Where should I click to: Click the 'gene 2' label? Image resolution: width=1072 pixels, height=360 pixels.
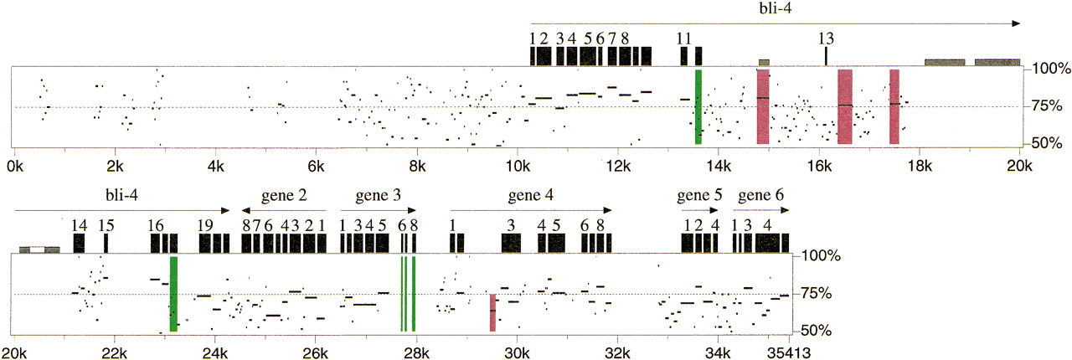click(x=284, y=196)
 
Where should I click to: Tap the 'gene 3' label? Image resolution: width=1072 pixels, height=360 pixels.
click(x=378, y=196)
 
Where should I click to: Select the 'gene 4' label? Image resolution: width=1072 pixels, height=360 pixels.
click(x=531, y=196)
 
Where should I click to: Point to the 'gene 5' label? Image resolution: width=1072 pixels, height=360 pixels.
click(x=699, y=196)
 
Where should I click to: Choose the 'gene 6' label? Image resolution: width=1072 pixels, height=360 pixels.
click(x=761, y=196)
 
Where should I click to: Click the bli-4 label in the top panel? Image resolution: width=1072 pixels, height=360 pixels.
click(x=776, y=8)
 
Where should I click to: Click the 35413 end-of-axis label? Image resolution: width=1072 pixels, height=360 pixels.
click(x=789, y=353)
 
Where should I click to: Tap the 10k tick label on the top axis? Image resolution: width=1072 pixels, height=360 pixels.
click(x=518, y=166)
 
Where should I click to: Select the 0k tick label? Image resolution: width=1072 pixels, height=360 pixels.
click(x=14, y=166)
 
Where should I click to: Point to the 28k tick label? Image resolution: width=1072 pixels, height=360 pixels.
click(x=416, y=353)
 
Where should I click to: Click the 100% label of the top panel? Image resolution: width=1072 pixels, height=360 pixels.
click(x=1051, y=69)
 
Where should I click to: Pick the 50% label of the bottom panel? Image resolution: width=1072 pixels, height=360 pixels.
click(x=816, y=331)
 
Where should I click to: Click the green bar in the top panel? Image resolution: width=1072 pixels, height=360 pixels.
click(x=698, y=107)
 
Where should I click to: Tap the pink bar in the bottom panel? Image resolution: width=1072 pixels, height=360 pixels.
click(x=493, y=312)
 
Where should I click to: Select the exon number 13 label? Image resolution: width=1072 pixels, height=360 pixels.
click(x=826, y=39)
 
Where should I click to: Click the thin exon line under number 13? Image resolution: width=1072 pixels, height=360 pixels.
click(x=826, y=56)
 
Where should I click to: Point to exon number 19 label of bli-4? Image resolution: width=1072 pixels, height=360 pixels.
click(x=205, y=225)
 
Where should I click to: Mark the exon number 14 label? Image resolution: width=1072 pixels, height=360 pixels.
click(x=80, y=225)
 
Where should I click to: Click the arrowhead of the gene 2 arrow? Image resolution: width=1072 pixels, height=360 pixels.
click(x=246, y=210)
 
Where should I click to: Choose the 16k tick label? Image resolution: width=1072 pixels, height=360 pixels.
click(x=819, y=166)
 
